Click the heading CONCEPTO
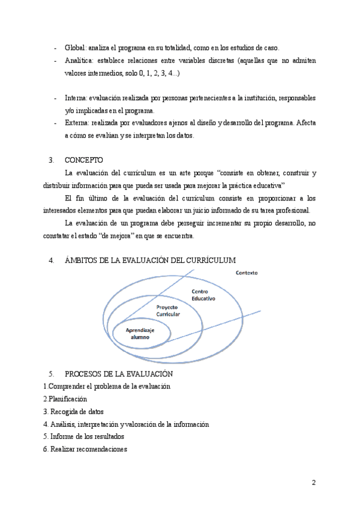[x=83, y=160]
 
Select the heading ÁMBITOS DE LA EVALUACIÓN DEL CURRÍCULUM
[x=150, y=260]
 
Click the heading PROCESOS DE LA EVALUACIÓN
[x=118, y=374]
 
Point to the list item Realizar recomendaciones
[x=85, y=449]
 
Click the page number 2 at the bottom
[x=313, y=483]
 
